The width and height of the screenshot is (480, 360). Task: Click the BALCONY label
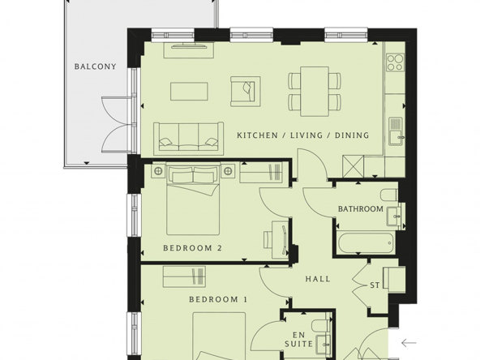95,66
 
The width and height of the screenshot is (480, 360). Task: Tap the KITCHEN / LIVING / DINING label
303,135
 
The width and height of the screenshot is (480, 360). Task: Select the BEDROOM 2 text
192,248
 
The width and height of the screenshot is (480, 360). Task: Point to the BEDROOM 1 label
218,299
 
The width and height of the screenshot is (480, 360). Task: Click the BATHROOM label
361,209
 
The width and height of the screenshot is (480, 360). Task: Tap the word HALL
318,279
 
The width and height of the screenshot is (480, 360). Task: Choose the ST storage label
375,285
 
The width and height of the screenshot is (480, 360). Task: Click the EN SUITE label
298,339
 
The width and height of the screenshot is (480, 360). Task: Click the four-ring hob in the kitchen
395,62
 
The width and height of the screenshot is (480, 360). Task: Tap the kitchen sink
397,131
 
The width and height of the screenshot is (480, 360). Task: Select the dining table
315,92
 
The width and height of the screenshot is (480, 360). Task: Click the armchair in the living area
246,92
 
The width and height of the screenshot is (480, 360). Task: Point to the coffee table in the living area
189,92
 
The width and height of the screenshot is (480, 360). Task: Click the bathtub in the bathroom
365,243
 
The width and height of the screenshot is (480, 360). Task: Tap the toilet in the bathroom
388,195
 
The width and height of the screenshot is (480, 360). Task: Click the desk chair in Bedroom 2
268,239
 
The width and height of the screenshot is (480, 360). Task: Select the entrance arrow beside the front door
409,343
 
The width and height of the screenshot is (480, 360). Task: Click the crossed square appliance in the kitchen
354,166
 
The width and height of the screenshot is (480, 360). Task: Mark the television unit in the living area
189,50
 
